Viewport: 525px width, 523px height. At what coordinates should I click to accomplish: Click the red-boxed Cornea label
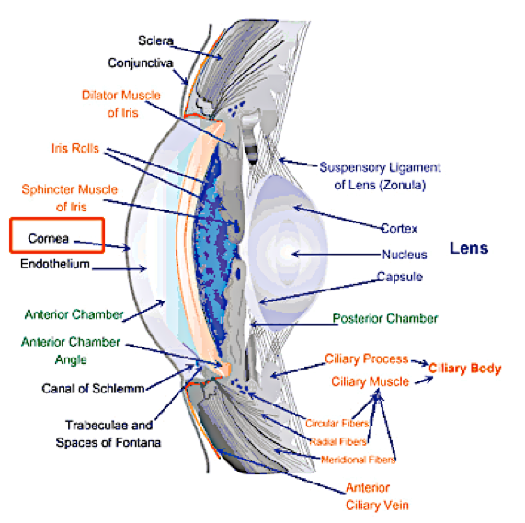(49, 238)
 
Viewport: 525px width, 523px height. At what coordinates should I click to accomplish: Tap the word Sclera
(156, 40)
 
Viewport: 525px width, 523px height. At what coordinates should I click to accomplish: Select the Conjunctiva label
(141, 63)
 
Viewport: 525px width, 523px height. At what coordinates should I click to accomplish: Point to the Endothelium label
(55, 264)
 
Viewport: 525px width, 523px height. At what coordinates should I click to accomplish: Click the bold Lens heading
(469, 248)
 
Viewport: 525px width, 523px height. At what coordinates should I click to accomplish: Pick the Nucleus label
(405, 255)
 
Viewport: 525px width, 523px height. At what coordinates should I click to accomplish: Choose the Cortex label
(399, 229)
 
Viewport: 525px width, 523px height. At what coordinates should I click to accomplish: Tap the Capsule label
(400, 277)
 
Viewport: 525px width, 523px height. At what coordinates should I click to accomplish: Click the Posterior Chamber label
(385, 318)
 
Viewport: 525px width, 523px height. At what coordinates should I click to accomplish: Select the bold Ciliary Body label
(465, 369)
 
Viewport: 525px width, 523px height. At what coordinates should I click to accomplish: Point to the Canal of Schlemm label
(93, 389)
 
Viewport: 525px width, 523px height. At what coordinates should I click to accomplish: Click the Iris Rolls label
(75, 148)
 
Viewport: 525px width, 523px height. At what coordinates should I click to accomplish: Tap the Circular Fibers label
(337, 424)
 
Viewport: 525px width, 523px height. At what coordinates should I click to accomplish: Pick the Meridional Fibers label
(358, 460)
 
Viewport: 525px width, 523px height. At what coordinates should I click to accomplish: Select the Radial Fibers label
(338, 442)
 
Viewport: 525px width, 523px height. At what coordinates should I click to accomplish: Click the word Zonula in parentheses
(403, 185)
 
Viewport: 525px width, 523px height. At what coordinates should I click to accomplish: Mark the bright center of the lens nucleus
(287, 253)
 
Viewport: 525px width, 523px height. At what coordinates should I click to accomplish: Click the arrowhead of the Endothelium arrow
(143, 268)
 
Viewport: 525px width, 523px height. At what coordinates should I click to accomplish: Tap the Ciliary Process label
(367, 359)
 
